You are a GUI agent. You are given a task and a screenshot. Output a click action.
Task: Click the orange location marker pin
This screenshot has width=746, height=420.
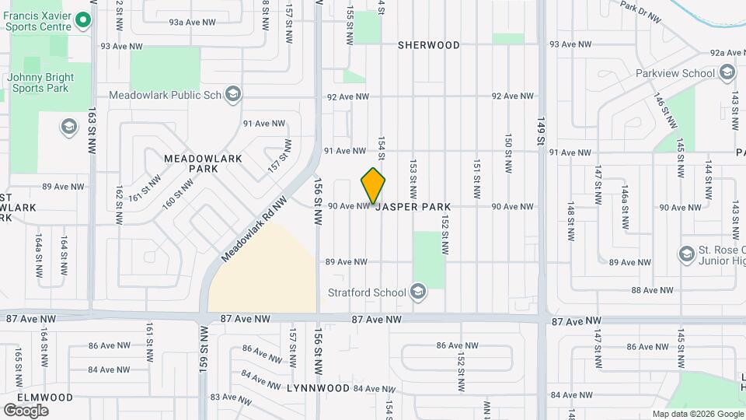[373, 185]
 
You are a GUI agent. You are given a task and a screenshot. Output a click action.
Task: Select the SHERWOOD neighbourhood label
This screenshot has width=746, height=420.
[429, 45]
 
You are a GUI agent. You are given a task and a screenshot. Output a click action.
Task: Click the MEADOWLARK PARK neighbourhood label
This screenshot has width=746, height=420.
[204, 163]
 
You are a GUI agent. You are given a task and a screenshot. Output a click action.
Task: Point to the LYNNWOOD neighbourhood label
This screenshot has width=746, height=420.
[319, 387]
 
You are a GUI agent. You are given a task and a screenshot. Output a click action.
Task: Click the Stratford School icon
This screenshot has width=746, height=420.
[418, 292]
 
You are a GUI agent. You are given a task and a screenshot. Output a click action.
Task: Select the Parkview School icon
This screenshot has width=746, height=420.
[727, 73]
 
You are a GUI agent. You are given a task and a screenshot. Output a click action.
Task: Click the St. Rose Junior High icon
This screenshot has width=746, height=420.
[686, 254]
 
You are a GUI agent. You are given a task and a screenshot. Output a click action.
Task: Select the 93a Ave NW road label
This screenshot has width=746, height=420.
[192, 23]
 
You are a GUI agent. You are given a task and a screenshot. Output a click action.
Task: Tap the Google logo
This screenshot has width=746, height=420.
[26, 411]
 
